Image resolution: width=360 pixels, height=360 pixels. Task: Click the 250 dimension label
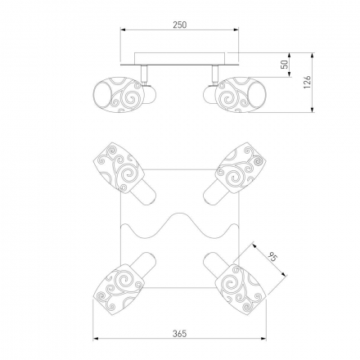point(180,25)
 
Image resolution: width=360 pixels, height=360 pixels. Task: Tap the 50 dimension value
point(285,65)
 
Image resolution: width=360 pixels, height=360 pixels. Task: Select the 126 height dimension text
point(307,82)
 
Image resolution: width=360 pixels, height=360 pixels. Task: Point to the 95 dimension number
point(273,257)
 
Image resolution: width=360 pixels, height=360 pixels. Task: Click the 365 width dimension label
point(180,333)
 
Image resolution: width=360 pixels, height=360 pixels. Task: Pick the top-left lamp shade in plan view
point(119,168)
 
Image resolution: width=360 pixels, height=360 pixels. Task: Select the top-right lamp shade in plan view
point(241,168)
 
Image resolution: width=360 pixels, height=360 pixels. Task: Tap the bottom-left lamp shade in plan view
point(119,290)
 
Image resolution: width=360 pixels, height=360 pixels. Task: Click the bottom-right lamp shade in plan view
point(241,290)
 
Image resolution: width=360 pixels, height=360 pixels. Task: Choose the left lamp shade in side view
point(118,95)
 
